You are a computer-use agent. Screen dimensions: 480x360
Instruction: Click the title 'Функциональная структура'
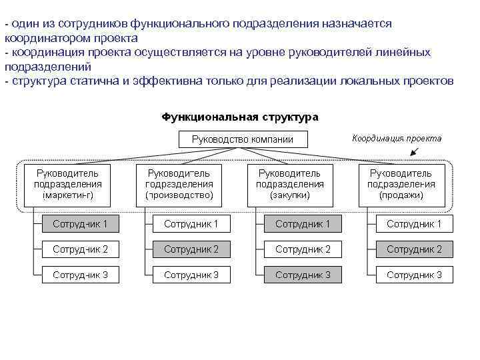coord(240,117)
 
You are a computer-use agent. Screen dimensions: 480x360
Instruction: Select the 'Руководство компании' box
coord(242,139)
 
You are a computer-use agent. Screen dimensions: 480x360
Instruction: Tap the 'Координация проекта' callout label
coord(396,139)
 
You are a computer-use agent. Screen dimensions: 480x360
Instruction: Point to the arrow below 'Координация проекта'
coord(415,152)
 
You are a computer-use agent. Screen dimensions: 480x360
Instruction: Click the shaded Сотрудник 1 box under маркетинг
coord(80,224)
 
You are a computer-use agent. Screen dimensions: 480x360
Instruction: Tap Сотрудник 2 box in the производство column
coord(191,249)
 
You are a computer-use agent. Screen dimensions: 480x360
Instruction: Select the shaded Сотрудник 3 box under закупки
coord(303,274)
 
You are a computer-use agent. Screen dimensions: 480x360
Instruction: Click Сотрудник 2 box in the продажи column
coord(414,249)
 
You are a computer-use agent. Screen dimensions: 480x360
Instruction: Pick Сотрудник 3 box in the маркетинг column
coord(80,274)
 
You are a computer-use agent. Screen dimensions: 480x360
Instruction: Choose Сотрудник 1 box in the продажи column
coord(414,224)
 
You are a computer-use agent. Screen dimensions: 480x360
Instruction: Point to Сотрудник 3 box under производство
coord(191,274)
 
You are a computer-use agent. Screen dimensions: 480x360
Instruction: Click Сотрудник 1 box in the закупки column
coord(303,224)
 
